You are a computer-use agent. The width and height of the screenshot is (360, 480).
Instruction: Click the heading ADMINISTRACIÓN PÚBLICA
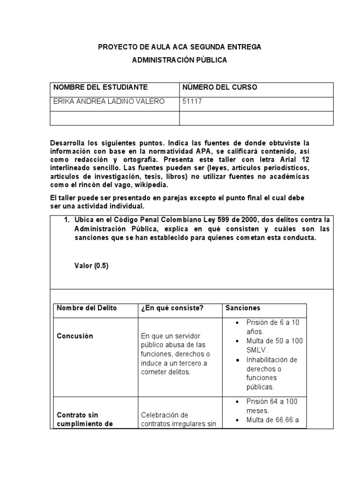pos(180,60)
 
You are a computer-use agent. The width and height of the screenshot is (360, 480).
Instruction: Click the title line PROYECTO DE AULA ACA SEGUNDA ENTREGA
pos(180,47)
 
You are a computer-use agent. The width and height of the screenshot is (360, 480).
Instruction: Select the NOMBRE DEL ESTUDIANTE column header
pos(100,87)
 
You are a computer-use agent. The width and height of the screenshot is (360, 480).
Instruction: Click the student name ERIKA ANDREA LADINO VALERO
pos(109,102)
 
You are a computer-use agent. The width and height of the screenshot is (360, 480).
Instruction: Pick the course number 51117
pos(192,102)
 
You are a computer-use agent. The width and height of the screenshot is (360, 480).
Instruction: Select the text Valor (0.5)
pos(91,265)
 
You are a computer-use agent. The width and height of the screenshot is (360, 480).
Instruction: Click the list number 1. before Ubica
pos(67,219)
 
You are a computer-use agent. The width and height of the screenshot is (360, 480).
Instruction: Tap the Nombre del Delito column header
pos(87,308)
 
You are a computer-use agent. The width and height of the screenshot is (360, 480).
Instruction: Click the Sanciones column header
pos(243,308)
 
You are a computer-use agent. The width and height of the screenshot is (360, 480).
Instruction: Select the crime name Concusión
pos(75,336)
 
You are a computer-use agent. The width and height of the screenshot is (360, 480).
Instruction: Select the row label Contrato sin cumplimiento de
pos(84,420)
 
